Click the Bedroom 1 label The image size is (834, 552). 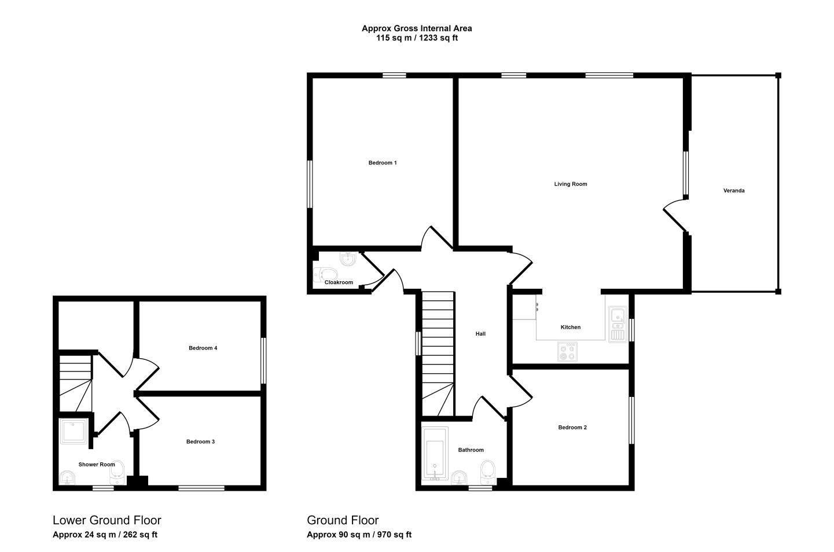[383, 163]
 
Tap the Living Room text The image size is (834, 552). [571, 184]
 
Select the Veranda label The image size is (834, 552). [734, 190]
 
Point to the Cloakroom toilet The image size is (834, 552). [325, 275]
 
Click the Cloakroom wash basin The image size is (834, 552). [348, 259]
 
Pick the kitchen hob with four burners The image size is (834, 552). [567, 351]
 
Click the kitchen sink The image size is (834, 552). [618, 323]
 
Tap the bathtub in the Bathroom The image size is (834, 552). [435, 454]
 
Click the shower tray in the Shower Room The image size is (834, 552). [74, 432]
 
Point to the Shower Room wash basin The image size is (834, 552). [67, 477]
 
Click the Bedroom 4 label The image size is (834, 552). [203, 348]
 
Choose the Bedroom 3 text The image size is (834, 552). [200, 441]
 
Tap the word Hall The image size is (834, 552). [480, 334]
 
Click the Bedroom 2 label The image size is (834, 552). [572, 427]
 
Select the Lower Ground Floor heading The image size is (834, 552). [107, 520]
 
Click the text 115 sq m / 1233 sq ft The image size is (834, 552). [417, 38]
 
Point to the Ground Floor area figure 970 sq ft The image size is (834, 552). [394, 535]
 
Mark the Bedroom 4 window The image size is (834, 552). [263, 360]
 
